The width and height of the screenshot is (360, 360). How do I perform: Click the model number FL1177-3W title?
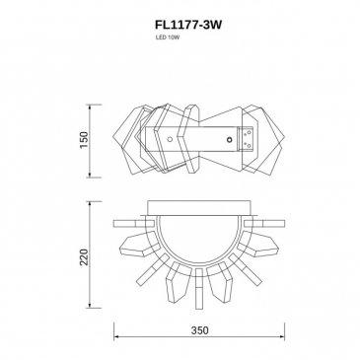pos(188,26)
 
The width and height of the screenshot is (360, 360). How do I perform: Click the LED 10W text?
pos(168,37)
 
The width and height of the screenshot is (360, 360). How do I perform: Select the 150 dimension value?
pos(84,140)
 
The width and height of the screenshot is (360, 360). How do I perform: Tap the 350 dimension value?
pos(199,329)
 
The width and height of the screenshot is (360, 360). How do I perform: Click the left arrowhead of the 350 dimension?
pos(116,337)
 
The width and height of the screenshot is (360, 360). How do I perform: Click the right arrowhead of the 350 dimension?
pos(282,337)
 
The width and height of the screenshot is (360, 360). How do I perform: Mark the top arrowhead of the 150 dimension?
pos(90,107)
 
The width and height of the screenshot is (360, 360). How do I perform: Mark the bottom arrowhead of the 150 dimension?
pos(90,175)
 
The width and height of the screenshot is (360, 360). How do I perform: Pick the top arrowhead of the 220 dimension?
pos(90,204)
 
